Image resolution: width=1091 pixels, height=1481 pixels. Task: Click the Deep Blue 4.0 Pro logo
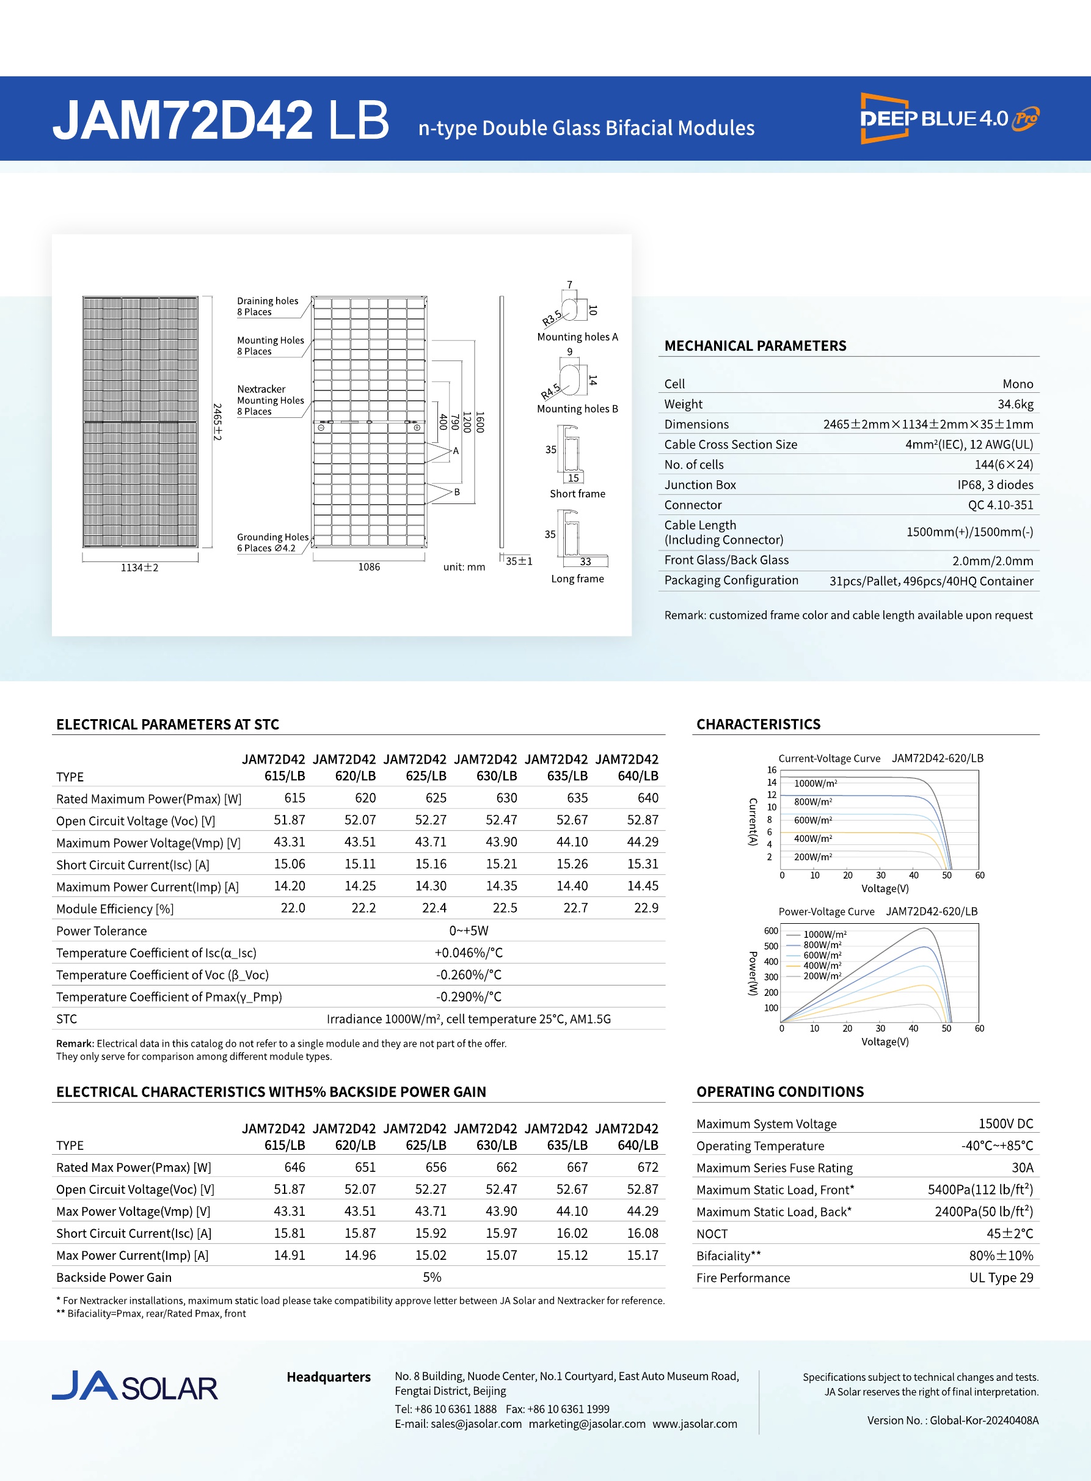(x=949, y=119)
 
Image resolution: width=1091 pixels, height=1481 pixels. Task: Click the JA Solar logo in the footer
(x=135, y=1386)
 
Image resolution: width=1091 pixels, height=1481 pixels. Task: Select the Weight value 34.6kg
(x=1015, y=404)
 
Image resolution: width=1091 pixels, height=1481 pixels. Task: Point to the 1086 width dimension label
(x=368, y=568)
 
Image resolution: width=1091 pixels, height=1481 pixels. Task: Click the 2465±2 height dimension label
(x=217, y=422)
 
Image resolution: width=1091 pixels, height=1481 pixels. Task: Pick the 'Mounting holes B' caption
(x=577, y=409)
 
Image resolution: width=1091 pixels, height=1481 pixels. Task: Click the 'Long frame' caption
(x=577, y=579)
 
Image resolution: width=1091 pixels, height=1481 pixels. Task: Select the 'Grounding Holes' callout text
(x=272, y=537)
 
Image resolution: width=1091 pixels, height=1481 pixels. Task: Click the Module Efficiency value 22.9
(x=646, y=909)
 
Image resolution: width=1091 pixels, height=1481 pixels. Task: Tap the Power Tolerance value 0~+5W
(x=469, y=931)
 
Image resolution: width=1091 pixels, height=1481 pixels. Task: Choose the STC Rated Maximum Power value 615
(x=294, y=798)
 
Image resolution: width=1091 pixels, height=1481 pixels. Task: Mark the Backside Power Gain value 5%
(x=432, y=1278)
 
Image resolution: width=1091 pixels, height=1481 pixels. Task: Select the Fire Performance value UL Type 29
(x=1001, y=1278)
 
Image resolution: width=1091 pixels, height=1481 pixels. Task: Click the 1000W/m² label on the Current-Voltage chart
(x=815, y=783)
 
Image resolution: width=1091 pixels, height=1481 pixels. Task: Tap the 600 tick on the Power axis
(x=771, y=931)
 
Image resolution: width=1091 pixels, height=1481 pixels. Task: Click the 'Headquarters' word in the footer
(x=328, y=1377)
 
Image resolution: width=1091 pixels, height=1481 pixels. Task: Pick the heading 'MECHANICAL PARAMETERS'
(x=755, y=346)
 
